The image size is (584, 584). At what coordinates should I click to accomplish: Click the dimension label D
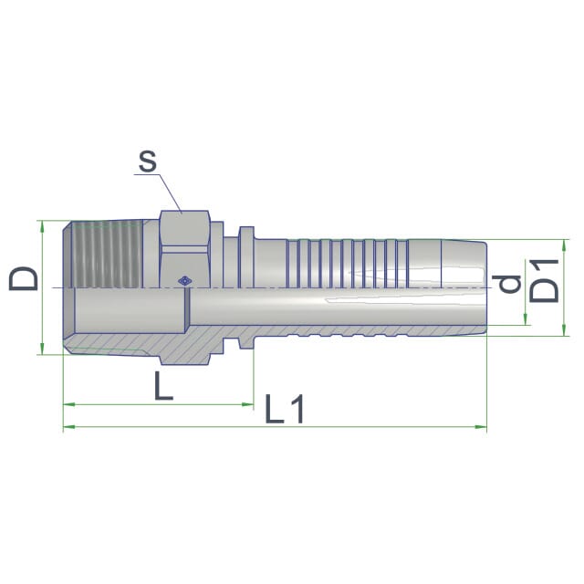pos(24,278)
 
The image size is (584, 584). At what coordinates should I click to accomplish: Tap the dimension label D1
pos(544,280)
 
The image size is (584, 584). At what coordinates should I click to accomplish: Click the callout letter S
pos(148,162)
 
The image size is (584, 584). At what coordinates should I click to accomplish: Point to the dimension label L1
pos(285,409)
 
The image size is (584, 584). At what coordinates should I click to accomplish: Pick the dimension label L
pos(163,386)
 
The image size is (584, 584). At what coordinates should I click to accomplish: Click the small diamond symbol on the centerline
pos(184,281)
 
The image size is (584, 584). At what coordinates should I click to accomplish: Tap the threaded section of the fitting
pos(107,255)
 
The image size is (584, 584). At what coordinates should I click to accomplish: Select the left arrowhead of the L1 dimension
pos(68,427)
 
